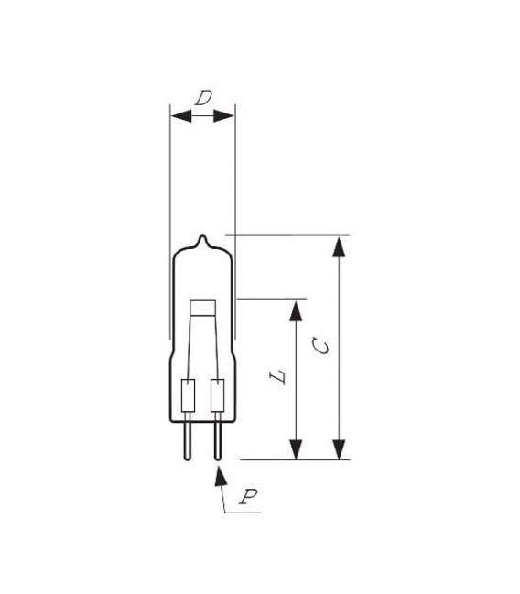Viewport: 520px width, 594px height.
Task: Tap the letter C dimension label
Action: pyautogui.click(x=318, y=345)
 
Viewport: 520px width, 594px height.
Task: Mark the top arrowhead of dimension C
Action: pyautogui.click(x=340, y=246)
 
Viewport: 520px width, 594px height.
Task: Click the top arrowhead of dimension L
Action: pyautogui.click(x=296, y=310)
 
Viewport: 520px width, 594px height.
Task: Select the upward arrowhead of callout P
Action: pyautogui.click(x=218, y=477)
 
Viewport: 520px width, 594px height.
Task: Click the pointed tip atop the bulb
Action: pyautogui.click(x=203, y=240)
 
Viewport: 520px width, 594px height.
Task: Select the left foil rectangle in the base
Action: pyautogui.click(x=190, y=395)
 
